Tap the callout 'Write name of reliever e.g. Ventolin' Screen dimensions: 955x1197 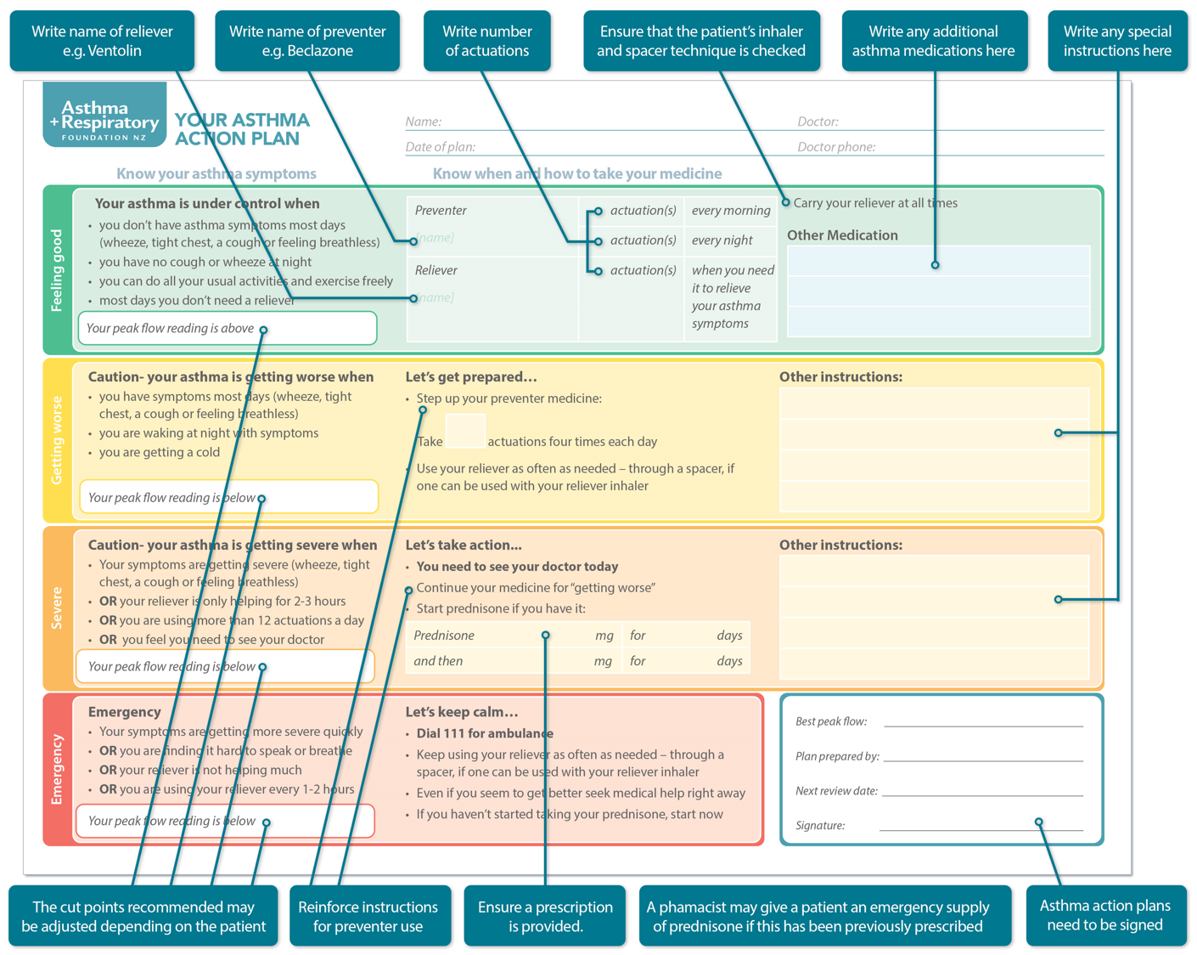(x=102, y=41)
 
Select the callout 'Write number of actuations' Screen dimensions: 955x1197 (x=486, y=41)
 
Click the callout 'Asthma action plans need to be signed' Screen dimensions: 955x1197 (x=1104, y=915)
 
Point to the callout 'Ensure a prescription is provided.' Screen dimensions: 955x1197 (x=545, y=916)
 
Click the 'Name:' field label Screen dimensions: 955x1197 (x=423, y=121)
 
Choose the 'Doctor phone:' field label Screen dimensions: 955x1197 (x=836, y=147)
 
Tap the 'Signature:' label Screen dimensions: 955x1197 (x=820, y=825)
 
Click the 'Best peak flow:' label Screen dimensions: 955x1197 (x=830, y=721)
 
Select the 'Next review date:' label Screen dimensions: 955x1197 (x=836, y=791)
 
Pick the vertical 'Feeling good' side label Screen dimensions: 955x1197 (x=57, y=270)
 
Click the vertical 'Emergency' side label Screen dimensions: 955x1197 (x=57, y=770)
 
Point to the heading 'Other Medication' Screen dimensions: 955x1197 (x=842, y=235)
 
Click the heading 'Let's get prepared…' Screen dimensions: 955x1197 (x=471, y=376)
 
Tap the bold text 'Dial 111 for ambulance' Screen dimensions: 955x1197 (x=485, y=733)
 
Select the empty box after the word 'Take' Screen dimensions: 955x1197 (x=465, y=431)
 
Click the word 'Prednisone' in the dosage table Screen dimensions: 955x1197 (x=444, y=636)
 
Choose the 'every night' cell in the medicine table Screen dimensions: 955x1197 (x=722, y=240)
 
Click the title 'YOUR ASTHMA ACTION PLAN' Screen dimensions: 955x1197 (x=242, y=129)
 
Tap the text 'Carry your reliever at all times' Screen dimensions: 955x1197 (x=875, y=203)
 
